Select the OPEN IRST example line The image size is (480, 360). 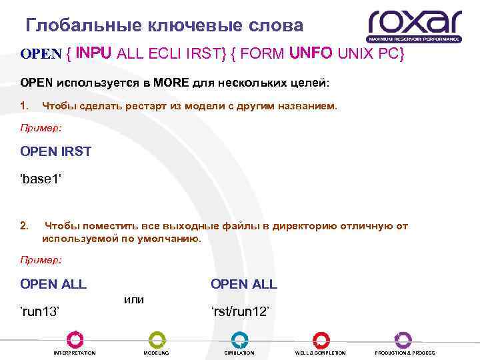[x=56, y=151]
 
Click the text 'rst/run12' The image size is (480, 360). [x=240, y=311]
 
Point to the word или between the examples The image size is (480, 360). [x=134, y=300]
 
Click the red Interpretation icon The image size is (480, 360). [x=75, y=339]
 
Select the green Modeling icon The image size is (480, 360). [x=157, y=339]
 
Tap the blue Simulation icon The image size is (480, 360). [x=239, y=339]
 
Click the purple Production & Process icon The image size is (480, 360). [x=403, y=339]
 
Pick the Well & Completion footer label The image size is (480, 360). [x=320, y=353]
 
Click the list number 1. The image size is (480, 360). [x=24, y=106]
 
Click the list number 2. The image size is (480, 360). [x=24, y=226]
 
